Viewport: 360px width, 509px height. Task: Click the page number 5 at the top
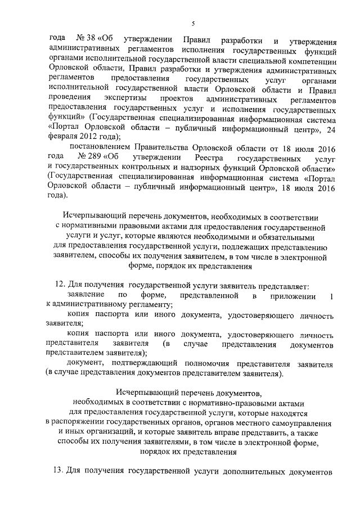click(x=192, y=23)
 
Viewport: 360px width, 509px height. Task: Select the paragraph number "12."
click(x=61, y=286)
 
